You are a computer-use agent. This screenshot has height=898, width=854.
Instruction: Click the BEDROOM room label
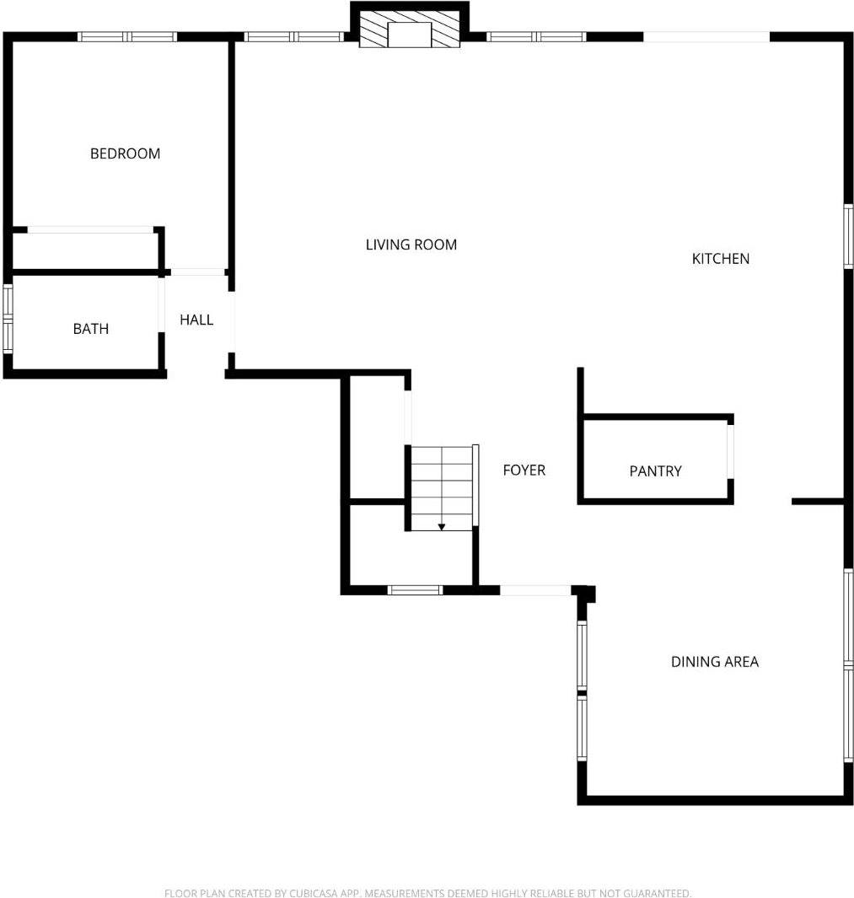pyautogui.click(x=125, y=153)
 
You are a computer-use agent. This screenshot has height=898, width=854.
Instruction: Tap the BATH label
pyautogui.click(x=90, y=329)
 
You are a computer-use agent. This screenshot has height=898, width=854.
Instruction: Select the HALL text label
pyautogui.click(x=196, y=320)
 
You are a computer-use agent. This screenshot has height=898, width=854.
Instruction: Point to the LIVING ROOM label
pyautogui.click(x=411, y=245)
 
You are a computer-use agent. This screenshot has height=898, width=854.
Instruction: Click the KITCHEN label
pyautogui.click(x=720, y=259)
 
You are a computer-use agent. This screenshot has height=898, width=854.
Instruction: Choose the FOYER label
pyautogui.click(x=524, y=471)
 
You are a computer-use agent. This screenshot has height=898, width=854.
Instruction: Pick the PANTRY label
pyautogui.click(x=655, y=471)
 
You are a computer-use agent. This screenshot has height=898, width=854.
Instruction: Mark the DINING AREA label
pyautogui.click(x=714, y=662)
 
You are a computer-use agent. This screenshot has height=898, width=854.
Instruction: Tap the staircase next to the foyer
pyautogui.click(x=441, y=488)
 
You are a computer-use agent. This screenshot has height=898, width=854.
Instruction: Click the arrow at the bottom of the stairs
pyautogui.click(x=441, y=527)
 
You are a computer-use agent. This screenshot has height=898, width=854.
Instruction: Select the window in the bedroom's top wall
pyautogui.click(x=127, y=36)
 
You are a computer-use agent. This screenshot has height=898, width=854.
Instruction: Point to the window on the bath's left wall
pyautogui.click(x=8, y=318)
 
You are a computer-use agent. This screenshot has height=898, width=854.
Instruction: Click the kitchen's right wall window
pyautogui.click(x=848, y=236)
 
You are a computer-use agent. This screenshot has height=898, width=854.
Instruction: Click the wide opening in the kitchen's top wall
pyautogui.click(x=706, y=36)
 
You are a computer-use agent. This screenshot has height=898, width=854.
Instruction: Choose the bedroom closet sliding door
pyautogui.click(x=89, y=229)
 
